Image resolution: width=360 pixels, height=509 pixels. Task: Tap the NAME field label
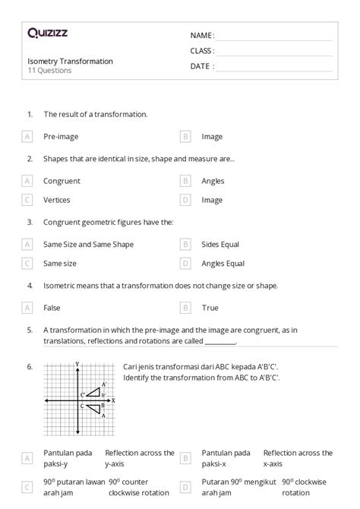[x=202, y=35]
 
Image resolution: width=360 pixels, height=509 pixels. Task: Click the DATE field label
[x=202, y=66]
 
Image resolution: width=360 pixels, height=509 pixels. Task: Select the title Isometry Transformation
[x=70, y=61]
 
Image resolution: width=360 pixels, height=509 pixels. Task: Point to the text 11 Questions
[x=49, y=71]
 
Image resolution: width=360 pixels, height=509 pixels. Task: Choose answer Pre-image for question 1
[x=61, y=137]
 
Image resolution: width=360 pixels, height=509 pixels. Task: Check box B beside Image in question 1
[x=185, y=137]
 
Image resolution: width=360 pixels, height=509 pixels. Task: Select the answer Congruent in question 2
[x=62, y=181]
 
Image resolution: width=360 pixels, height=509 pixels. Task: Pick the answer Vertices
[x=57, y=200]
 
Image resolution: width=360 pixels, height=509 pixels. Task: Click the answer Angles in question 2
[x=213, y=181]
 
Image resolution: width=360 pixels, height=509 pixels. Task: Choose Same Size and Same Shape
[x=88, y=244]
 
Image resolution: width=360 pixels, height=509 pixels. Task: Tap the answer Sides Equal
[x=220, y=244]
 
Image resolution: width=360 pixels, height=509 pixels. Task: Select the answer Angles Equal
[x=223, y=264]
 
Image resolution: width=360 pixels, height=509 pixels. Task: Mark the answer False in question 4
[x=52, y=308]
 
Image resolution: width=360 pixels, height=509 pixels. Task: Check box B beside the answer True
[x=185, y=308]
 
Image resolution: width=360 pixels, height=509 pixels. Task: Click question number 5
[x=29, y=330]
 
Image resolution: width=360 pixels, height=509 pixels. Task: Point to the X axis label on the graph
[x=113, y=400]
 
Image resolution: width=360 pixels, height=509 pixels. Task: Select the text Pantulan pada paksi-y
[x=68, y=458]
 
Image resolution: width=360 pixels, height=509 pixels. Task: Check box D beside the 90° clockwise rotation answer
[x=185, y=486]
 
